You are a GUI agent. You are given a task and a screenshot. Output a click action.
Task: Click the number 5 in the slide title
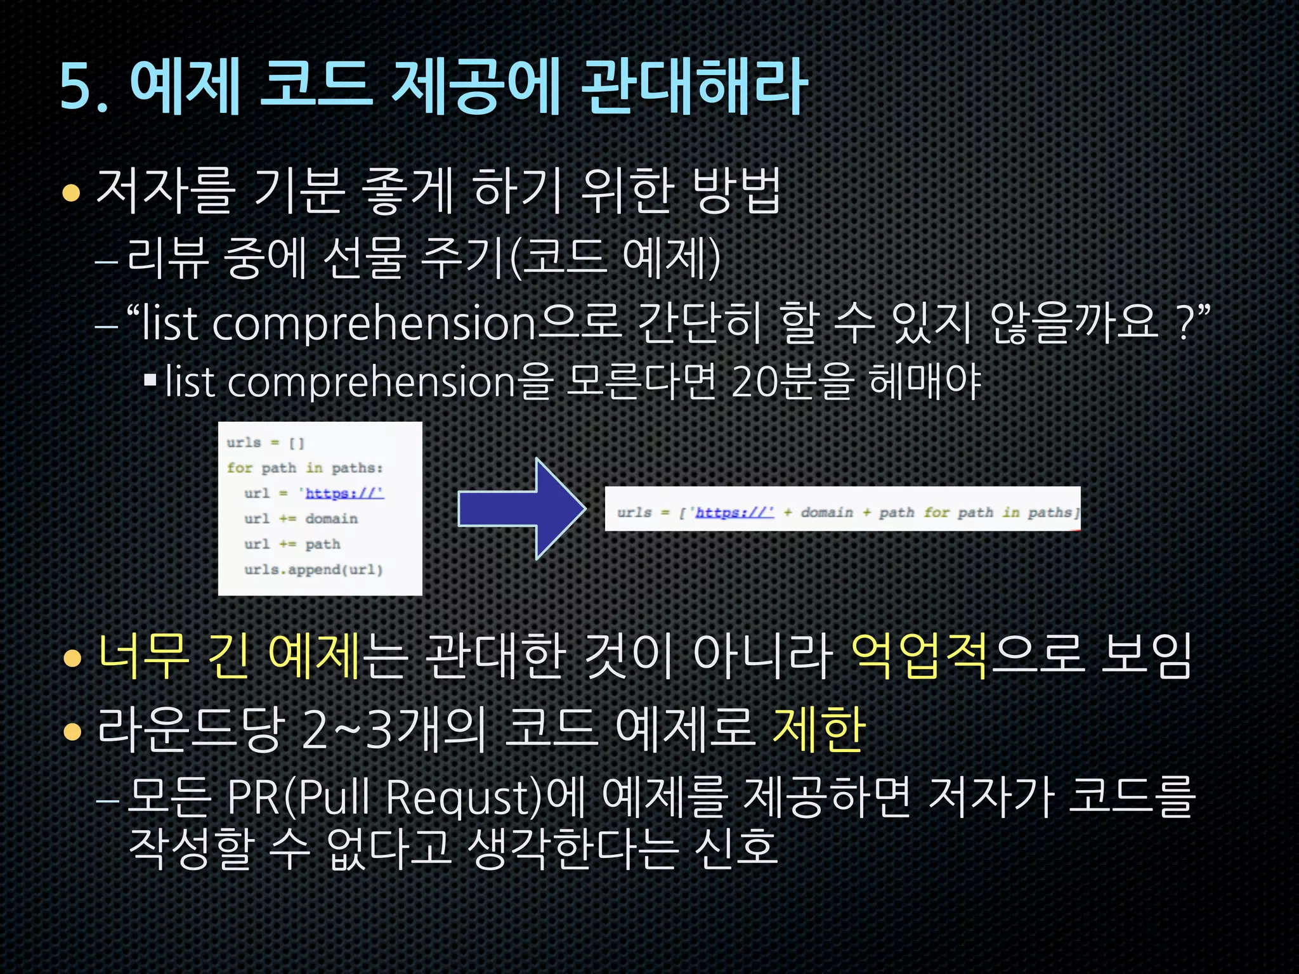point(75,88)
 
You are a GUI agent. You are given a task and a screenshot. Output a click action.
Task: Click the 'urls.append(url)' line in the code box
point(313,569)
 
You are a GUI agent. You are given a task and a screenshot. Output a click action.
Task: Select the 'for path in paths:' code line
point(305,468)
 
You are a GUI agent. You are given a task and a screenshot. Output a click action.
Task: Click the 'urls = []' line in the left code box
point(266,443)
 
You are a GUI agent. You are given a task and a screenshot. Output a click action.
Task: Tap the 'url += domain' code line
point(301,519)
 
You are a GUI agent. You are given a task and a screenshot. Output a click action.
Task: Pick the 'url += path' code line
point(292,544)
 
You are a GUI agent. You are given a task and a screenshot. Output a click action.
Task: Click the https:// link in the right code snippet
point(734,512)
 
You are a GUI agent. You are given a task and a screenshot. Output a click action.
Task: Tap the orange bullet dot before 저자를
point(72,192)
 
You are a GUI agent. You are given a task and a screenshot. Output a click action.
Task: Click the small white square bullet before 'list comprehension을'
point(150,381)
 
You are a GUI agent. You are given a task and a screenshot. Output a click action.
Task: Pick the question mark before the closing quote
point(1184,323)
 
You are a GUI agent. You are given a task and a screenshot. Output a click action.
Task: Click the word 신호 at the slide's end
point(736,848)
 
